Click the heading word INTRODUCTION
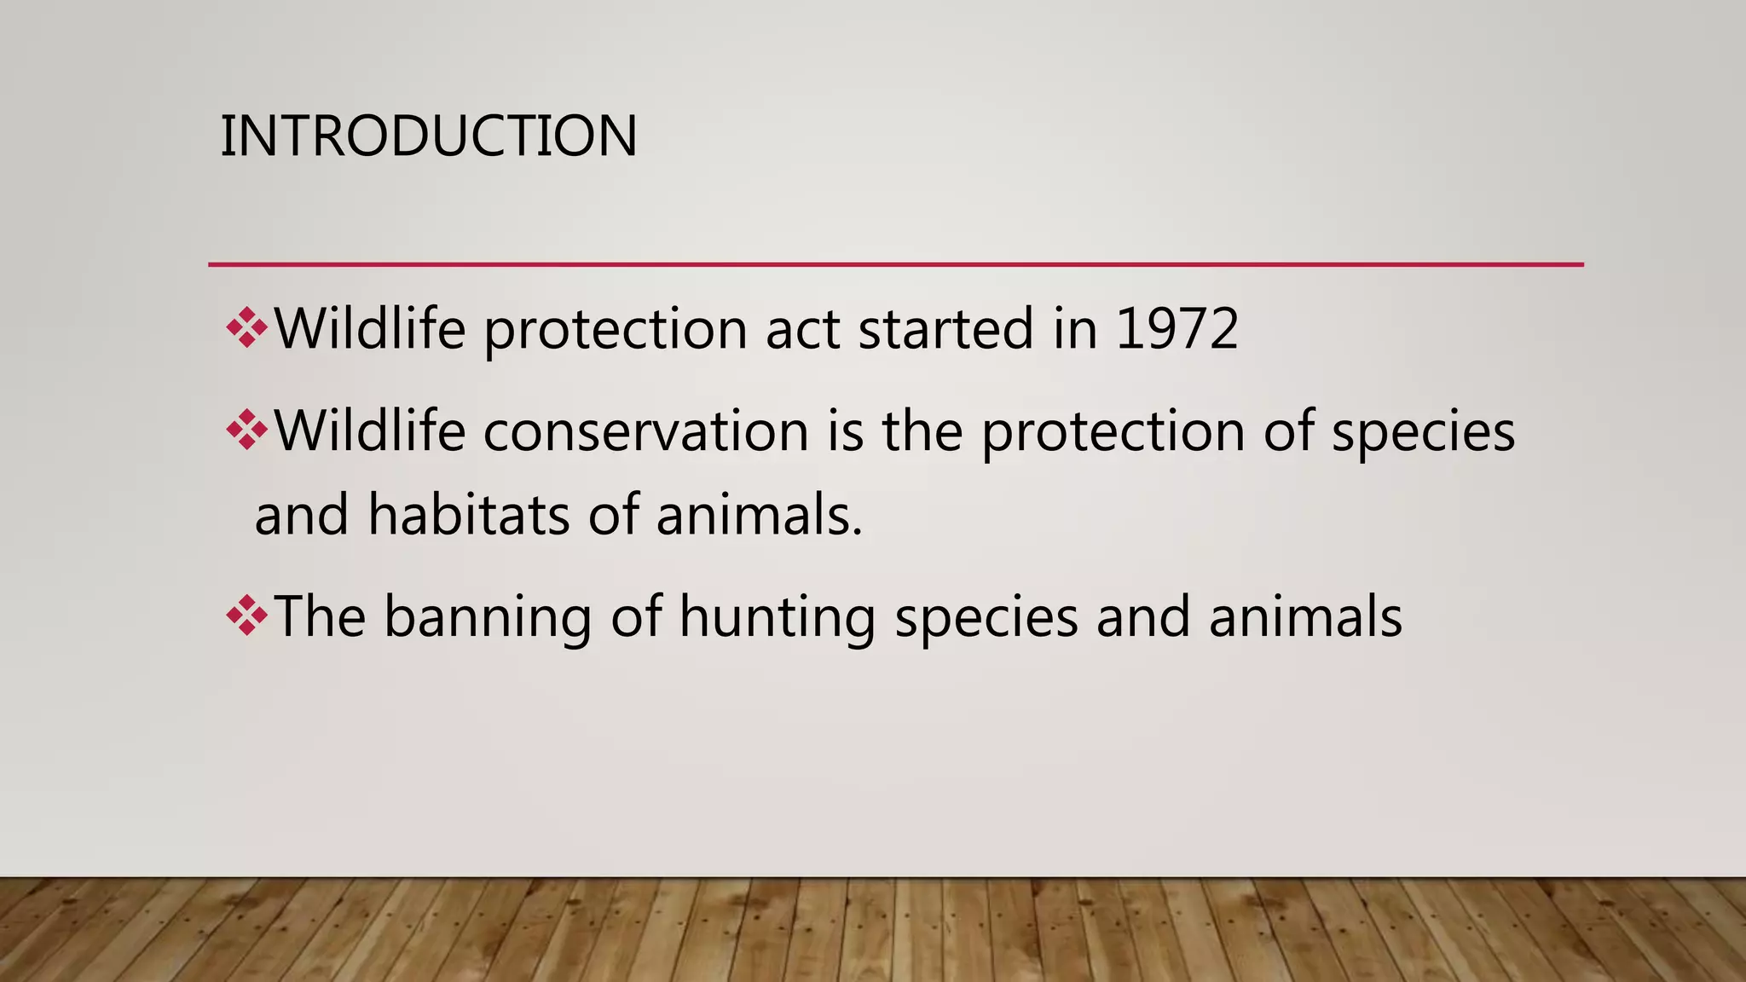click(x=428, y=136)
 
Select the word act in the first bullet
click(x=802, y=331)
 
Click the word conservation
click(x=645, y=431)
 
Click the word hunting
click(x=777, y=617)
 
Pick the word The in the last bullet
click(x=320, y=615)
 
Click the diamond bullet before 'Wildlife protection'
click(x=246, y=328)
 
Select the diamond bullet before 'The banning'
click(x=246, y=615)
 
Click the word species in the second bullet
click(x=1423, y=433)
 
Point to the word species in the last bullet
click(x=986, y=619)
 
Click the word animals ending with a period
click(x=759, y=517)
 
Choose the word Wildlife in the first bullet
click(x=370, y=329)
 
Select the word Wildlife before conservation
click(x=370, y=430)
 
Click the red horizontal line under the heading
click(x=895, y=265)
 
